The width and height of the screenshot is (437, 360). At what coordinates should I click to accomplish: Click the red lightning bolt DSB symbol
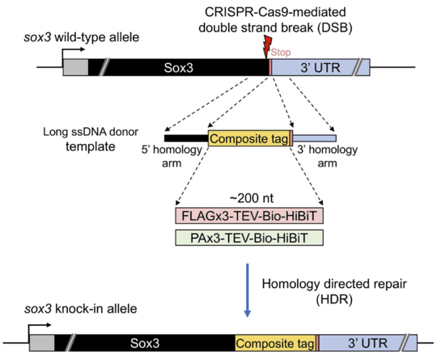(268, 47)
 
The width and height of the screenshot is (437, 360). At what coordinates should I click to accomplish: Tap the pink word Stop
(281, 52)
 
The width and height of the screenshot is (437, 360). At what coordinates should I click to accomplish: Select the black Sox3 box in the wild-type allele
(178, 67)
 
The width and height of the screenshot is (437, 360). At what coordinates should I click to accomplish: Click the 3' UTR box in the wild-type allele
(320, 67)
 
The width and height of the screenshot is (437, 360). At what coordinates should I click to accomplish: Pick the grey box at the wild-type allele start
(75, 67)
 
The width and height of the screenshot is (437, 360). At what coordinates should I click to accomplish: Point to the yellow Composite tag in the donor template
(249, 138)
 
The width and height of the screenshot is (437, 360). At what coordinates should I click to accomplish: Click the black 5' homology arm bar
(186, 138)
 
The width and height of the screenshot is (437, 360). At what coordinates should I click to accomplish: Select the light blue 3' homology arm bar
(314, 138)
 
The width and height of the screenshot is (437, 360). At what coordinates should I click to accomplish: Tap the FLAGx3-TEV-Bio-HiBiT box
(249, 216)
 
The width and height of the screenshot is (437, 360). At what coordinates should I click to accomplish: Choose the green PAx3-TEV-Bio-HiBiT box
(249, 238)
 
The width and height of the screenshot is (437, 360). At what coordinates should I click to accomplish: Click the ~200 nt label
(252, 198)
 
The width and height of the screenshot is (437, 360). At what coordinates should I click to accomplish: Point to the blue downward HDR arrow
(247, 290)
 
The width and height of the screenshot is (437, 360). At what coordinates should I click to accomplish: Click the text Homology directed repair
(334, 284)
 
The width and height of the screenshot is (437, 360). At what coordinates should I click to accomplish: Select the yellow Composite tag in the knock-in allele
(275, 343)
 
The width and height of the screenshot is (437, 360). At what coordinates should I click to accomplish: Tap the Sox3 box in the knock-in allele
(145, 343)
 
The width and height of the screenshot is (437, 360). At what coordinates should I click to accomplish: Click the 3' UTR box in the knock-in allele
(368, 343)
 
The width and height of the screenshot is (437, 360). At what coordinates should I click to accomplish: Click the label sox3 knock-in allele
(81, 309)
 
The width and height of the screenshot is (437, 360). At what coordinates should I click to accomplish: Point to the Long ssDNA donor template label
(91, 139)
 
